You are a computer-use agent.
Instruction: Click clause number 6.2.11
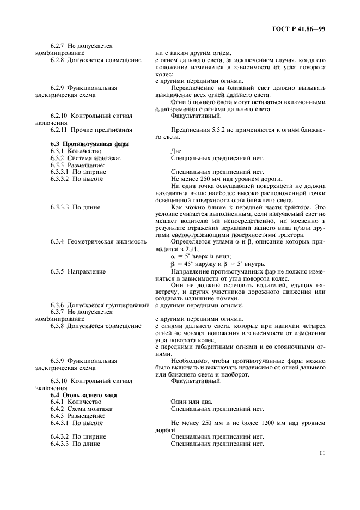tap(60, 130)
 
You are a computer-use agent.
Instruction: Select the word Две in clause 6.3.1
tap(177, 151)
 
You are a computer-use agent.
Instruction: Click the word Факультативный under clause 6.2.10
tap(196, 116)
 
